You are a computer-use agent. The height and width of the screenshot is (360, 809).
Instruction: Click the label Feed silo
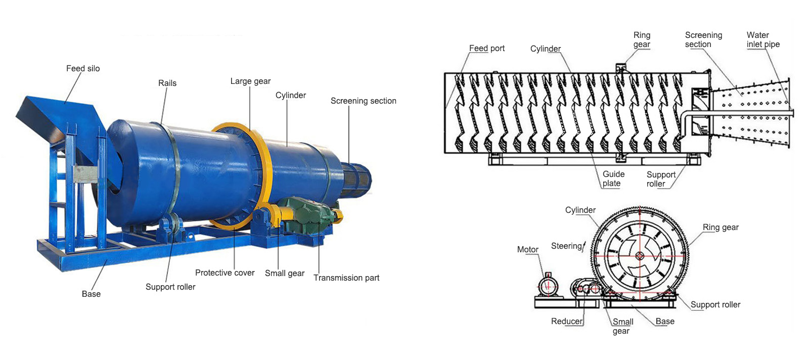(x=83, y=69)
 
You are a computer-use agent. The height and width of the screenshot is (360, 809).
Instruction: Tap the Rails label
(x=167, y=83)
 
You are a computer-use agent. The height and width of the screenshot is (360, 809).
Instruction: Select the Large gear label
(x=250, y=81)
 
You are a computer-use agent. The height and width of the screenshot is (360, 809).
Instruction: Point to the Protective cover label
(x=224, y=273)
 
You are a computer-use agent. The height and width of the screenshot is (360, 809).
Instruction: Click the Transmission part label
(x=346, y=278)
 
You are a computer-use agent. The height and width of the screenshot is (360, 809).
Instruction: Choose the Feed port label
(x=486, y=49)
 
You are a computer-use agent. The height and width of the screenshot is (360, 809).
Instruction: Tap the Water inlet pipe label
(x=763, y=40)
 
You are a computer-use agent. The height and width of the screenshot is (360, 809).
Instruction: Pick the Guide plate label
(x=613, y=179)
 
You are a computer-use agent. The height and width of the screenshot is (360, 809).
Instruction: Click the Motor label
(x=527, y=250)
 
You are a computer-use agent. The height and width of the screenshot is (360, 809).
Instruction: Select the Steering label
(x=566, y=246)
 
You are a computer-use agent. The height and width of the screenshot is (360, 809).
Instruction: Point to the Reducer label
(x=566, y=322)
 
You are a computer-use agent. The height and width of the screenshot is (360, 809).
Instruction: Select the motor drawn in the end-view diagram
(x=548, y=286)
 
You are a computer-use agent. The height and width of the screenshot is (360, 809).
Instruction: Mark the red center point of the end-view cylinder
(x=640, y=256)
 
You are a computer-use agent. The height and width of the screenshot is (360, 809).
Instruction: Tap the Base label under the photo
(x=91, y=294)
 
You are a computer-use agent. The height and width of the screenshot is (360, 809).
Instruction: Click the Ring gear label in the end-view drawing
(x=721, y=228)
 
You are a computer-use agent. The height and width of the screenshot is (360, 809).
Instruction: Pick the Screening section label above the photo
(x=363, y=101)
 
